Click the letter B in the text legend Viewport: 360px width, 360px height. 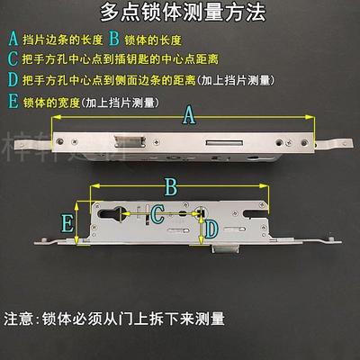pyautogui.click(x=114, y=39)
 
